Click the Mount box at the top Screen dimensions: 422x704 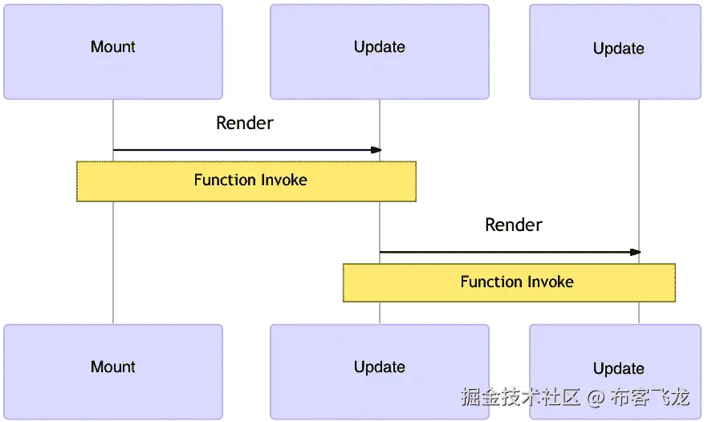click(x=113, y=52)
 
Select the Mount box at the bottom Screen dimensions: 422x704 click(x=113, y=371)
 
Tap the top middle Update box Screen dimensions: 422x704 click(x=380, y=52)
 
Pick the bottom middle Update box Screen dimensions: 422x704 click(x=380, y=371)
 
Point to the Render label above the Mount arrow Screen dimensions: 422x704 click(x=245, y=124)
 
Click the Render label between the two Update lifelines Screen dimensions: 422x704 click(x=514, y=225)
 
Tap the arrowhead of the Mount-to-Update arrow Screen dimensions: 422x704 click(x=376, y=150)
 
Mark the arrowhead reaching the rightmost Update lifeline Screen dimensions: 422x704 click(x=636, y=252)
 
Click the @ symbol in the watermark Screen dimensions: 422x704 click(x=595, y=397)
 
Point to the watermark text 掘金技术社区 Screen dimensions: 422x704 click(x=520, y=397)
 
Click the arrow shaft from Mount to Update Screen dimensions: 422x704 click(x=241, y=150)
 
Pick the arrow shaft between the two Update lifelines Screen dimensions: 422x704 click(x=506, y=252)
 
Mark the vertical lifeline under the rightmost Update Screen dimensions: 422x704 click(x=639, y=185)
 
